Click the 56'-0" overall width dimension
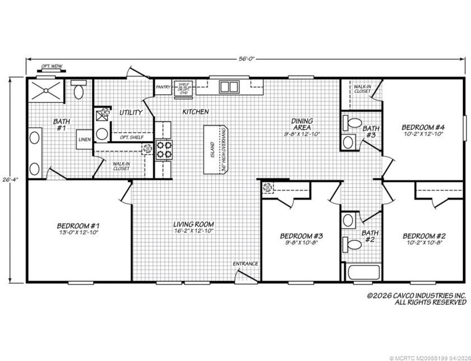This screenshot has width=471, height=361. (x=246, y=59)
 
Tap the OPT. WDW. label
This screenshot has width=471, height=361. (x=51, y=66)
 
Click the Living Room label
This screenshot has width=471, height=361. (x=193, y=224)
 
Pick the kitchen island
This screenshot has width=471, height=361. (x=216, y=149)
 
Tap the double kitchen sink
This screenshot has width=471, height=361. (x=229, y=86)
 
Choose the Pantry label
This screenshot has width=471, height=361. (x=163, y=87)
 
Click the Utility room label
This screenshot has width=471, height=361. (x=131, y=112)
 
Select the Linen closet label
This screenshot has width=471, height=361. (x=85, y=139)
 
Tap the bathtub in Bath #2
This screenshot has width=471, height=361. (x=363, y=272)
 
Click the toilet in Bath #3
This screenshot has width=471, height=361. (x=353, y=123)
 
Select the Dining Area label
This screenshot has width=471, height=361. (x=302, y=124)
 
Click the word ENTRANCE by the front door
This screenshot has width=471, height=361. (x=245, y=264)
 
